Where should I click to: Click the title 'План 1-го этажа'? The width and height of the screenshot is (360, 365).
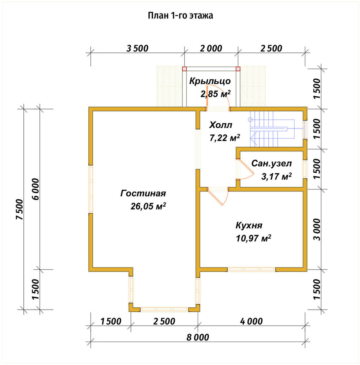click(181, 16)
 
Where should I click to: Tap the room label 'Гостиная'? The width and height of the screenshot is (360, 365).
click(143, 193)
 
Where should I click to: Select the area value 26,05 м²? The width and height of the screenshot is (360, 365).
click(148, 206)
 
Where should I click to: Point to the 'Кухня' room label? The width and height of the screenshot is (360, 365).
click(249, 225)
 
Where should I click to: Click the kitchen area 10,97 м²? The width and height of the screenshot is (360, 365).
click(253, 238)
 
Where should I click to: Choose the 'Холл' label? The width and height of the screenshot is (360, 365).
click(221, 125)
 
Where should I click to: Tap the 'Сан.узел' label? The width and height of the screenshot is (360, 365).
click(272, 164)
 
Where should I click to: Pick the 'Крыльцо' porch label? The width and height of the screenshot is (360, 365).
click(210, 81)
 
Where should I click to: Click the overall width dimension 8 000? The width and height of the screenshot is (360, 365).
click(198, 337)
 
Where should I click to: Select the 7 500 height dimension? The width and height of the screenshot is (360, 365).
click(20, 209)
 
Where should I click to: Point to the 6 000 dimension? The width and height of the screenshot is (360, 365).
click(36, 189)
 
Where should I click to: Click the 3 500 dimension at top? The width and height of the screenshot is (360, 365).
click(137, 49)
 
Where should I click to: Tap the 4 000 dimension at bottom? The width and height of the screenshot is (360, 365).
click(251, 321)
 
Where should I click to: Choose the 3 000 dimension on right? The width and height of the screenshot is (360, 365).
click(317, 229)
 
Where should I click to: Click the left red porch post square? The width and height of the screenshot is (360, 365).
click(185, 69)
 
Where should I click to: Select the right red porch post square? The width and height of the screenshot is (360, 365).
click(238, 69)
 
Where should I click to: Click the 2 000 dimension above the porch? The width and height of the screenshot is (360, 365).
click(211, 49)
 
